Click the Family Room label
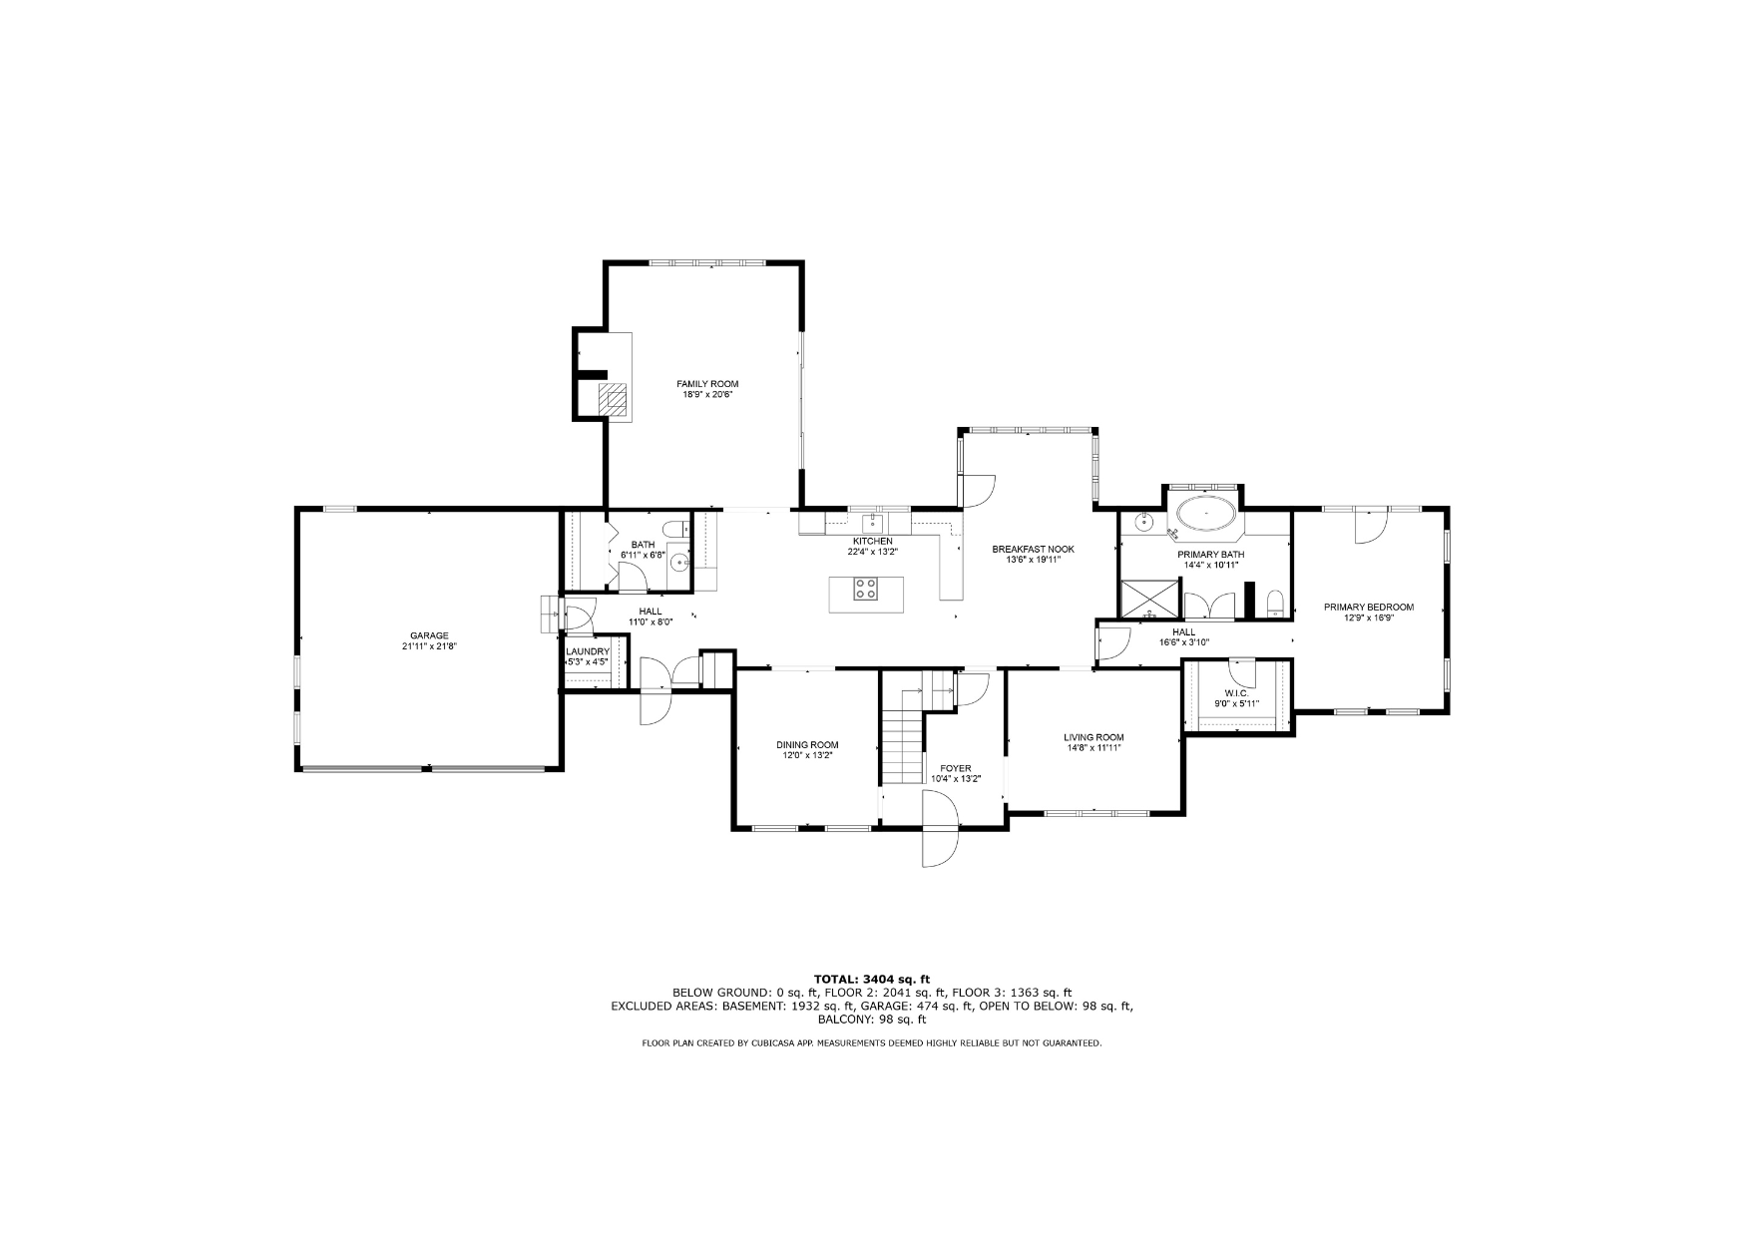point(707,384)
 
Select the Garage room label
point(429,635)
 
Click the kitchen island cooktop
point(865,589)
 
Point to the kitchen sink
point(872,522)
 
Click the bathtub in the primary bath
point(1206,515)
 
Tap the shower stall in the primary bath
point(1149,600)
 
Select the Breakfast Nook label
point(1033,549)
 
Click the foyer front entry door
point(940,829)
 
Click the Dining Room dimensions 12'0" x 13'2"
point(807,756)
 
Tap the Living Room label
point(1093,737)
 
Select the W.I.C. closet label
point(1236,693)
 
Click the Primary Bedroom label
point(1368,607)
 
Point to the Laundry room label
point(588,651)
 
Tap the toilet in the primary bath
point(1273,605)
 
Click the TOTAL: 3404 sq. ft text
point(872,979)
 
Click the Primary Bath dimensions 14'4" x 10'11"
point(1210,565)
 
